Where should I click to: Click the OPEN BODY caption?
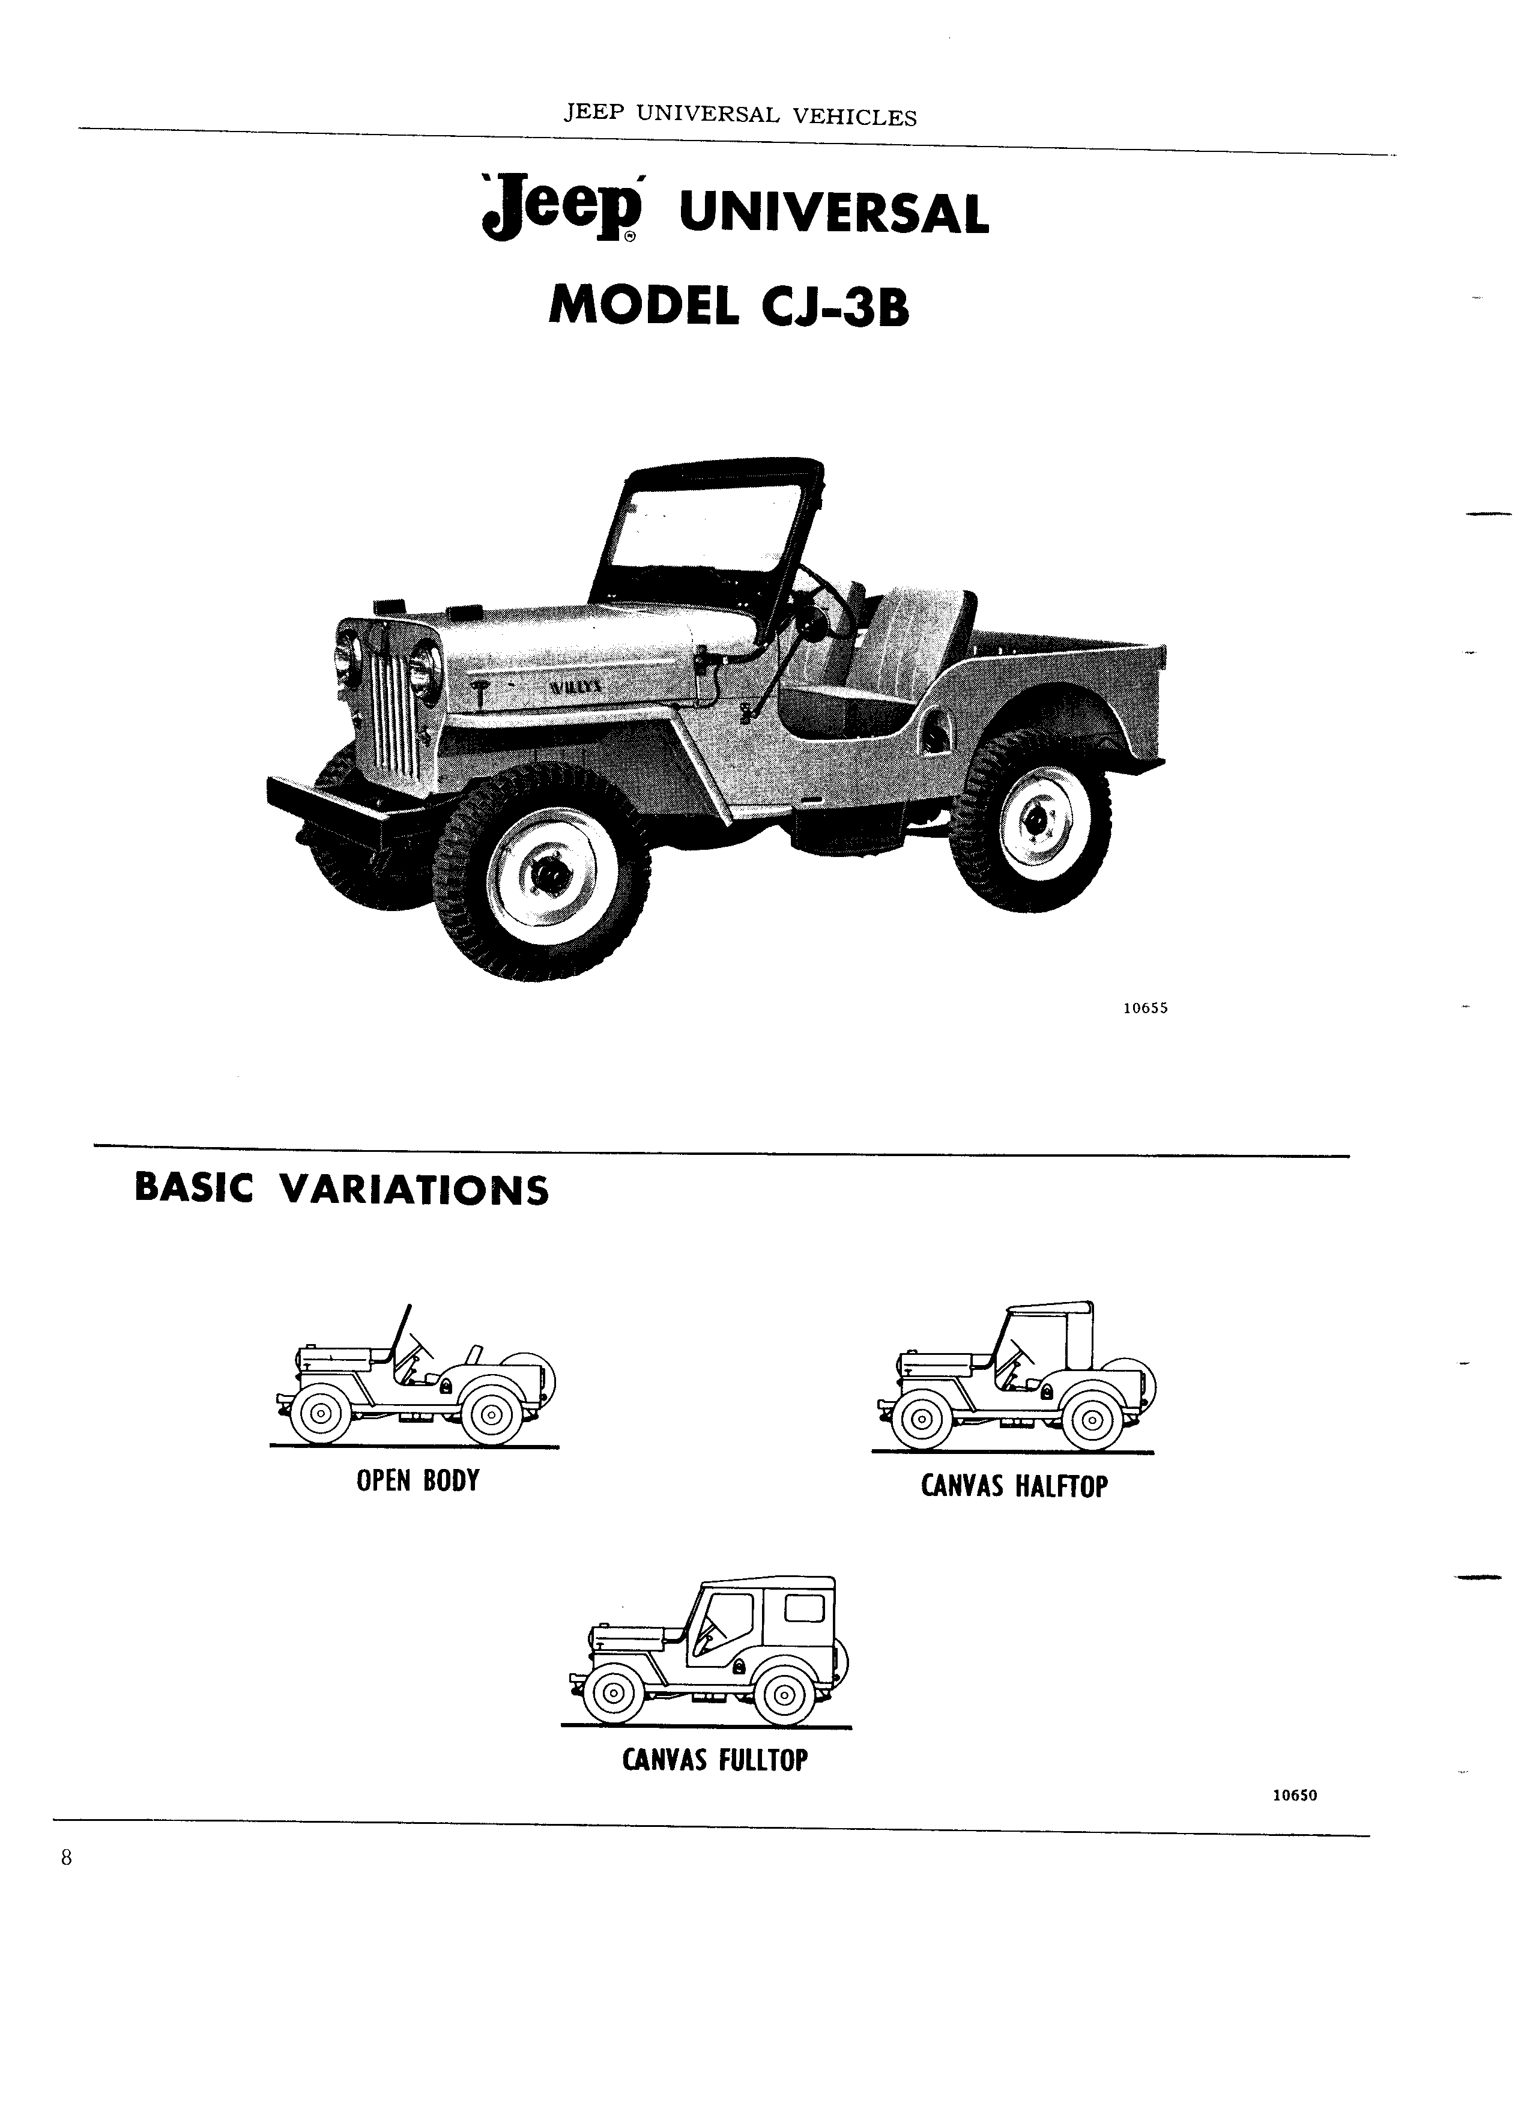417,1481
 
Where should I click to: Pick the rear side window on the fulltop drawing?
804,1607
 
